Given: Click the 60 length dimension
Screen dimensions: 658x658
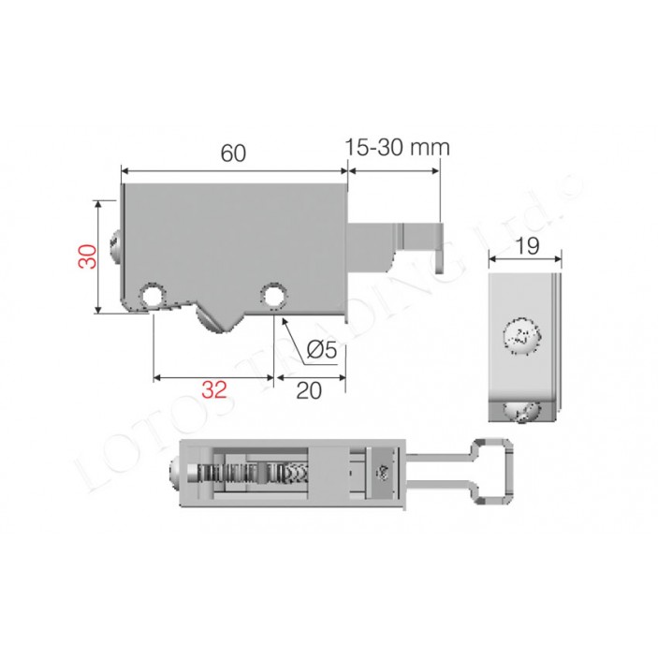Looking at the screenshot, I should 233,154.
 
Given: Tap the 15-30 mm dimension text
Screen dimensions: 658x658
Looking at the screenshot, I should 397,147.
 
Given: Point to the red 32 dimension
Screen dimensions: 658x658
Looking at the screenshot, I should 214,390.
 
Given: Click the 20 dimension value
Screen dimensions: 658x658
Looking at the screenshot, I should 309,390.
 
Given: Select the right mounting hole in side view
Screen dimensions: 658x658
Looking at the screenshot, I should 273,296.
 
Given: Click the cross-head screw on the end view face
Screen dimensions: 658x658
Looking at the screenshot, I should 522,337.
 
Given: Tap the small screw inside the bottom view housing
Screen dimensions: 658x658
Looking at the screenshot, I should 383,475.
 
